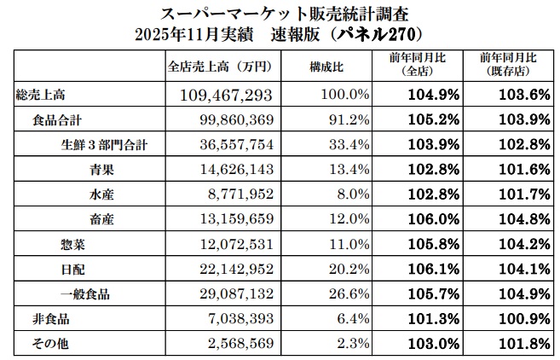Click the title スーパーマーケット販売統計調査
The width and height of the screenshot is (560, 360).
pyautogui.click(x=279, y=15)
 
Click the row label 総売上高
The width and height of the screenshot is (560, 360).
pyautogui.click(x=37, y=92)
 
